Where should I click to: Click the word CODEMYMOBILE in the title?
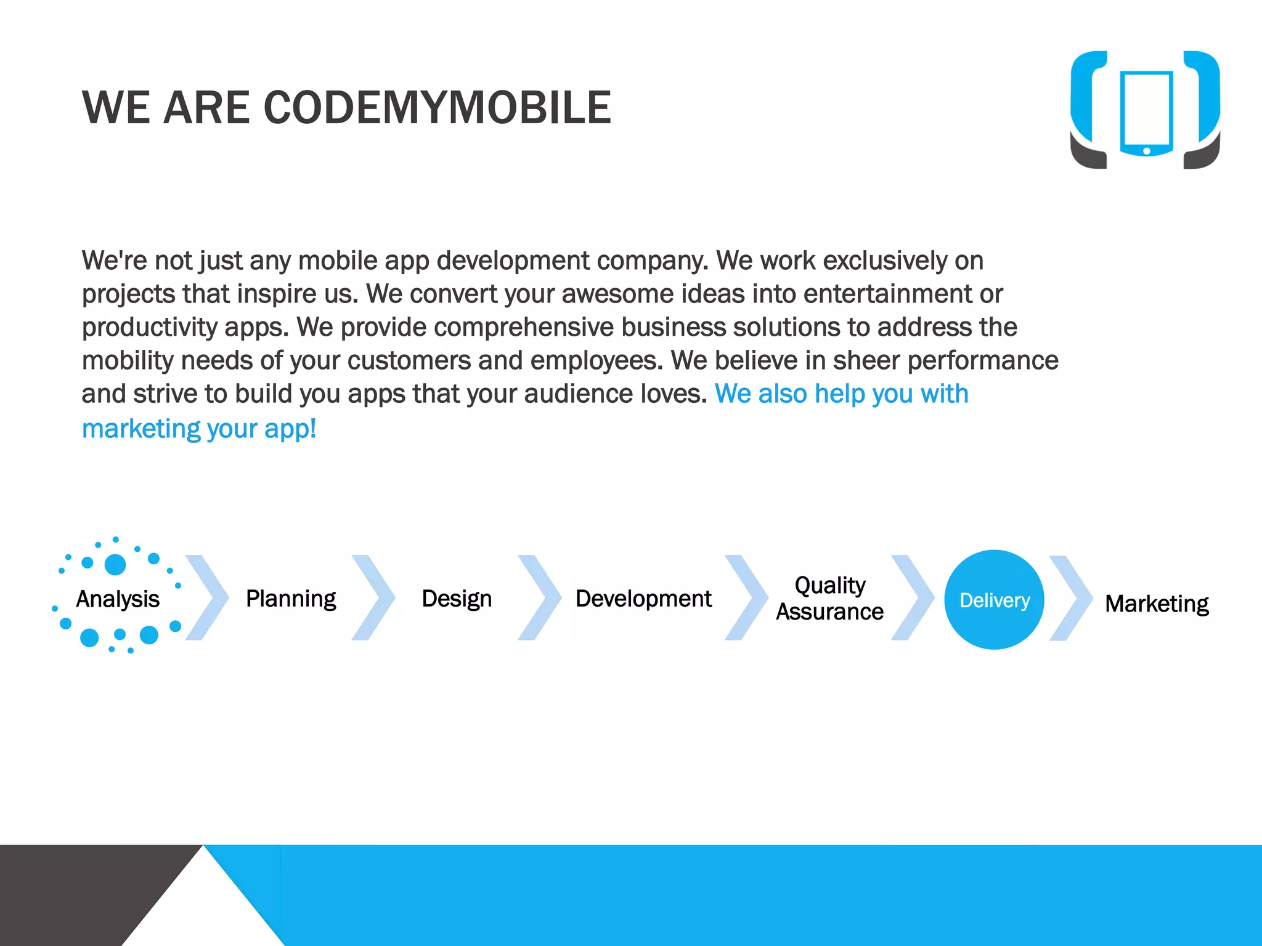pyautogui.click(x=437, y=108)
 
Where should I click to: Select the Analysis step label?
pyautogui.click(x=117, y=599)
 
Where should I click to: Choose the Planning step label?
pyautogui.click(x=291, y=599)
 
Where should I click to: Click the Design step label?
pyautogui.click(x=457, y=599)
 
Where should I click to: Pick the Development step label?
pyautogui.click(x=643, y=599)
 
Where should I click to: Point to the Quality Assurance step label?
pyautogui.click(x=829, y=598)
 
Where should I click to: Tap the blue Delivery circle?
pyautogui.click(x=994, y=599)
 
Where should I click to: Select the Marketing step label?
pyautogui.click(x=1157, y=604)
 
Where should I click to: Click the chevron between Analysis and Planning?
pyautogui.click(x=208, y=597)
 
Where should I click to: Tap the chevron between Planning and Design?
pyautogui.click(x=373, y=597)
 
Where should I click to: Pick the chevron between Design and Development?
pyautogui.click(x=540, y=597)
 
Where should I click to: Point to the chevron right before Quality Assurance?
pyautogui.click(x=747, y=597)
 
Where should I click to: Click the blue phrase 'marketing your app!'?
pyautogui.click(x=199, y=429)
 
